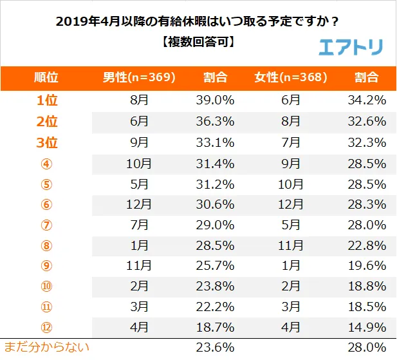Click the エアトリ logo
351,46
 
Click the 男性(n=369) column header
139,78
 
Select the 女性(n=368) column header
291,78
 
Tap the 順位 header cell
46,78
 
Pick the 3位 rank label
46,142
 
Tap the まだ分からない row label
46,348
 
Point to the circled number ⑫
46,327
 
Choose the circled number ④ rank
46,163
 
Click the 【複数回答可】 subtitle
198,43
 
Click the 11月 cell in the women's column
291,245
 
